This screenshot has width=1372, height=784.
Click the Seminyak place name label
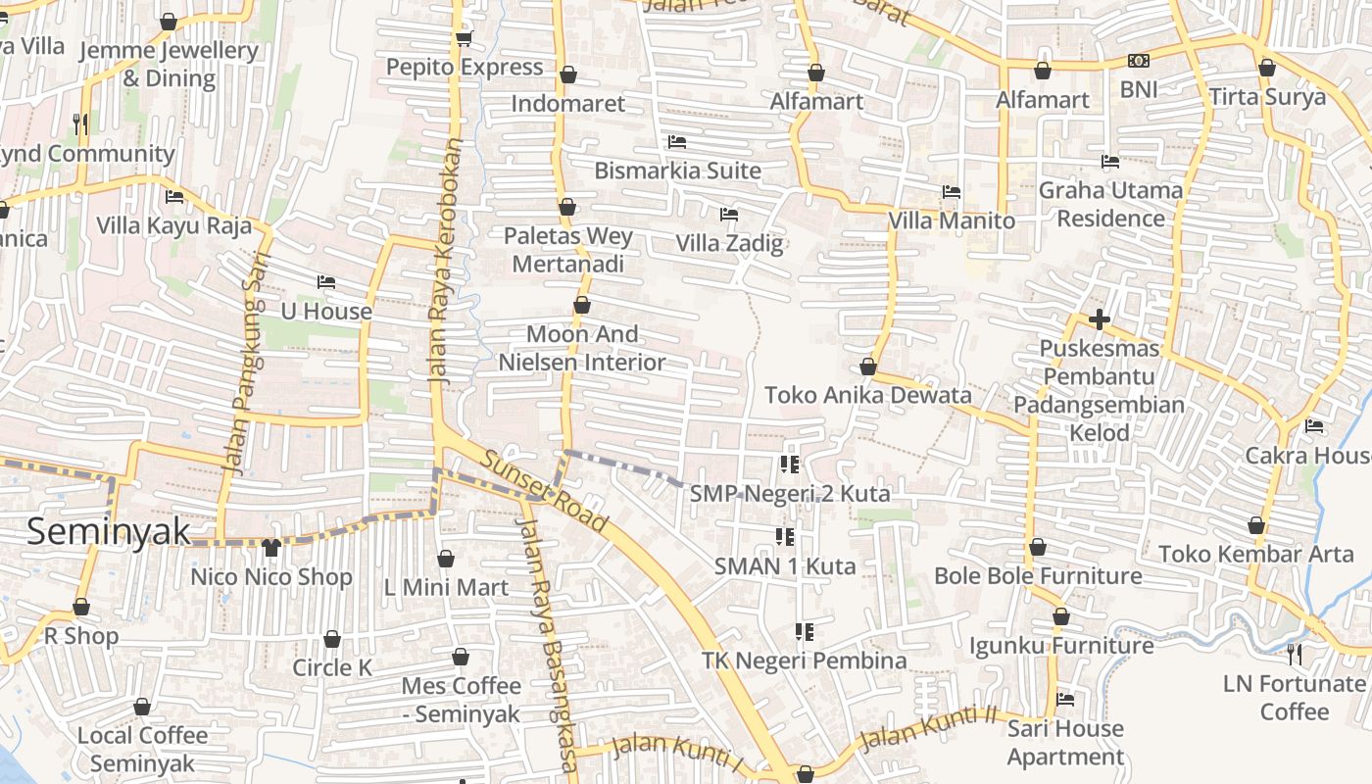[x=108, y=531]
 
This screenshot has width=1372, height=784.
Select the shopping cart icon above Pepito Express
[x=464, y=38]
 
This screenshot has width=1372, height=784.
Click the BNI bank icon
[x=1139, y=61]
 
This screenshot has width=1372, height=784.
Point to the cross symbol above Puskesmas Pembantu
[x=1099, y=319]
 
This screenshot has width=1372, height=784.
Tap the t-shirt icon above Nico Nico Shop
[x=271, y=547]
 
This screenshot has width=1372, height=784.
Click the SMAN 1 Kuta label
[x=784, y=565]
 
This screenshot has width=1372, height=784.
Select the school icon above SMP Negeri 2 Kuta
[x=790, y=464]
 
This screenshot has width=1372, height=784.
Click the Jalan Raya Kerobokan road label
[x=443, y=260]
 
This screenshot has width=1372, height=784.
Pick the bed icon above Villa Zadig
[x=729, y=215]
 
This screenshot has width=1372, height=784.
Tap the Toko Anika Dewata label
[x=867, y=395]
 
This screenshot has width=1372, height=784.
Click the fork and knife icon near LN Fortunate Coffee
[x=1295, y=654]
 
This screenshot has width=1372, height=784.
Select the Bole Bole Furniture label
[x=1038, y=575]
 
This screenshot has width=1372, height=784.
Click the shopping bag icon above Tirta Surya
[x=1266, y=69]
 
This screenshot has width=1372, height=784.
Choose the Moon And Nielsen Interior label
[x=582, y=348]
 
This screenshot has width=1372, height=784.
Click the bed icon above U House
[x=326, y=282]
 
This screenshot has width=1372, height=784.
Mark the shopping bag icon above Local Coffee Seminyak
[x=142, y=707]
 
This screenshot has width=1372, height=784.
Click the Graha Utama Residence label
[x=1110, y=204]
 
